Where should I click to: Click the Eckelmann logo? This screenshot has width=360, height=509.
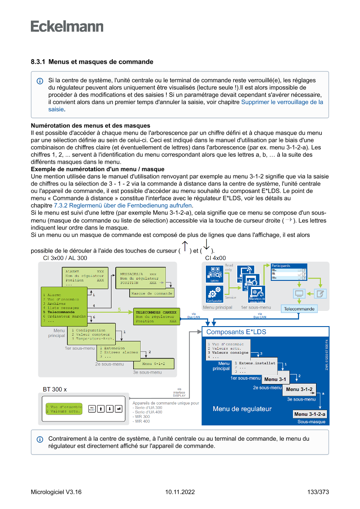pyautogui.click(x=67, y=26)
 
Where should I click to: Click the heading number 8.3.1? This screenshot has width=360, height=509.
pyautogui.click(x=38, y=62)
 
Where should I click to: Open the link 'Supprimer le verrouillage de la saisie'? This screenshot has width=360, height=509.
pyautogui.click(x=282, y=102)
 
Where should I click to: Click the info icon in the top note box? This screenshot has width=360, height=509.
pyautogui.click(x=40, y=81)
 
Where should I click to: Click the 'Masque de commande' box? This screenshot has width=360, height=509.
pyautogui.click(x=151, y=293)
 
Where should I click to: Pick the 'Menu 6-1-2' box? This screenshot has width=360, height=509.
pyautogui.click(x=155, y=364)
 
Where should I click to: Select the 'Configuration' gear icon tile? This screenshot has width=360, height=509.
pyautogui.click(x=215, y=294)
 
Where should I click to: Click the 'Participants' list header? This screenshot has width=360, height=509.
pyautogui.click(x=289, y=266)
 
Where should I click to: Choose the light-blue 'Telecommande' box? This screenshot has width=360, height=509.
pyautogui.click(x=299, y=309)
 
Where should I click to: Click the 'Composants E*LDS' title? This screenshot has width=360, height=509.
pyautogui.click(x=236, y=332)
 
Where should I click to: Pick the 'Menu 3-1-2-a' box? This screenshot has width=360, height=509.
pyautogui.click(x=310, y=414)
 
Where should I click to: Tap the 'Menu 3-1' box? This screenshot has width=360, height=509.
pyautogui.click(x=275, y=379)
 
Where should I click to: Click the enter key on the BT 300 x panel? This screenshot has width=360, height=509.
pyautogui.click(x=118, y=408)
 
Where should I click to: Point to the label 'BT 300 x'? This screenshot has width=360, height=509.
pyautogui.click(x=55, y=388)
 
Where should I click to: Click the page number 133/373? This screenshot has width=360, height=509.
pyautogui.click(x=318, y=492)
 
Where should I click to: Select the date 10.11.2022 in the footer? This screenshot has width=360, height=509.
pyautogui.click(x=180, y=492)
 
